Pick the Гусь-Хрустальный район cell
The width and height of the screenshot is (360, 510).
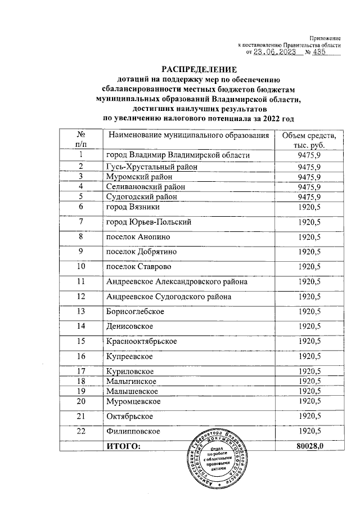click(152, 167)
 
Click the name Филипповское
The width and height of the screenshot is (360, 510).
click(133, 431)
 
